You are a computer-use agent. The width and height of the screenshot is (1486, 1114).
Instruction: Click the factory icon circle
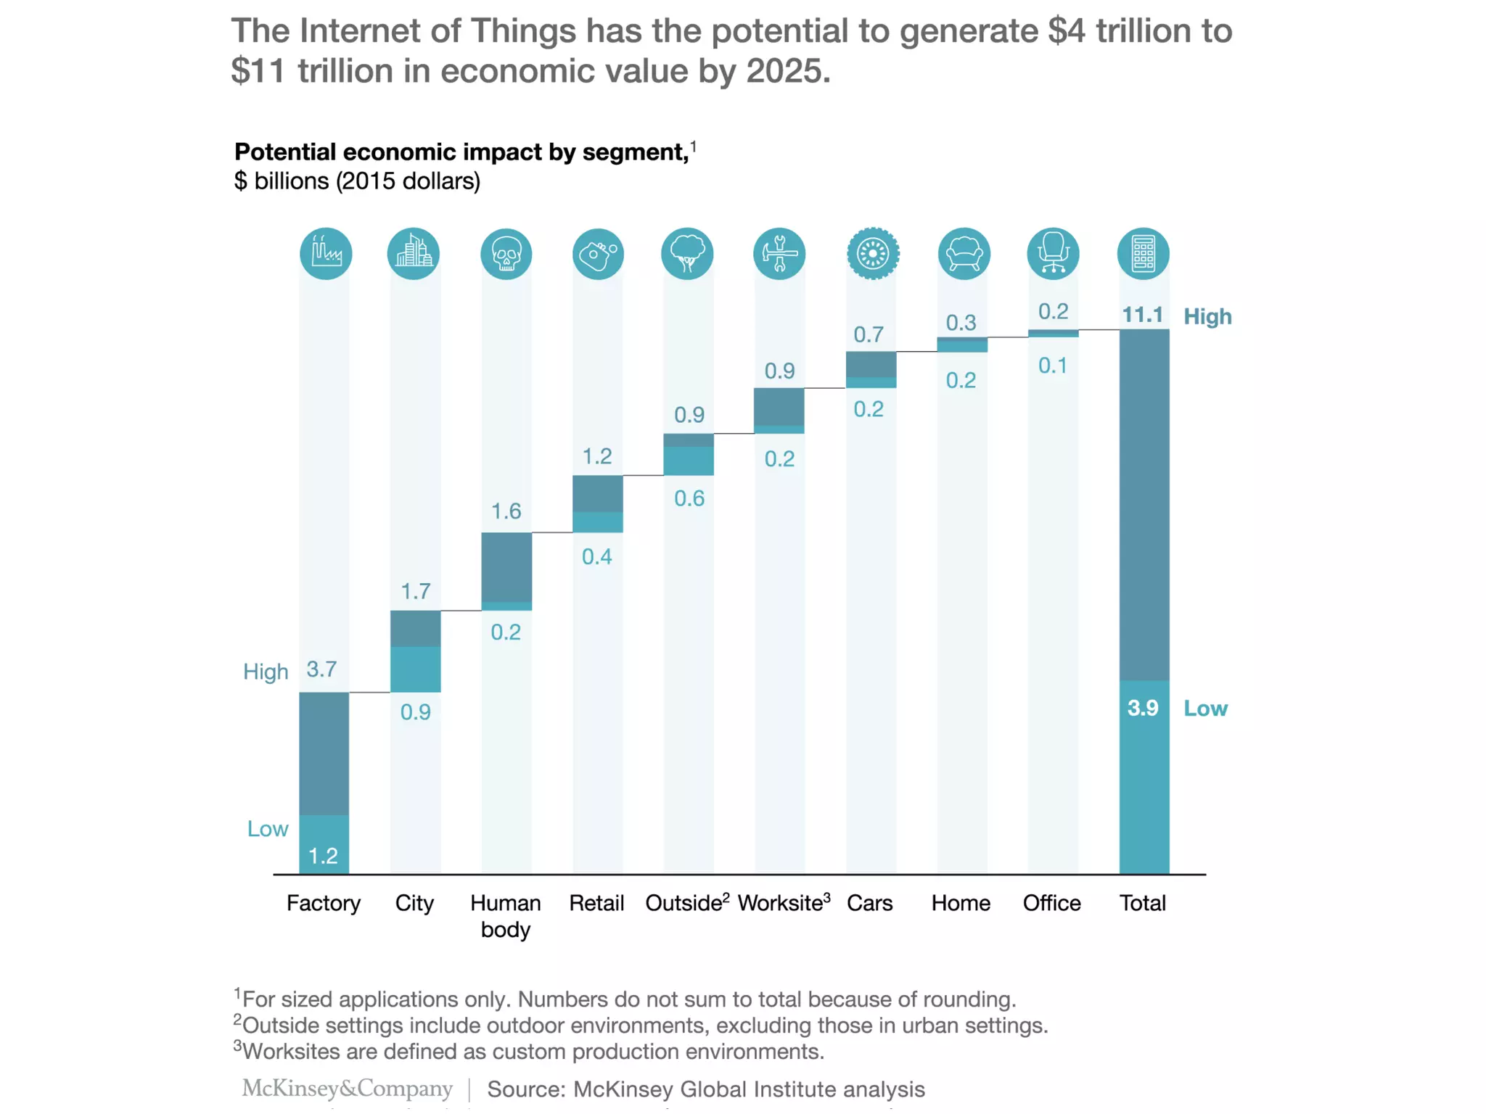point(326,253)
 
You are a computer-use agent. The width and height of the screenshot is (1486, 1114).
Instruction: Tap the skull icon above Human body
point(506,254)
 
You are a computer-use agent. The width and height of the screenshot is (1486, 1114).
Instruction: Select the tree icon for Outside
point(687,254)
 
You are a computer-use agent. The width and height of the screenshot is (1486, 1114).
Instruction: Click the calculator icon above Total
point(1143,254)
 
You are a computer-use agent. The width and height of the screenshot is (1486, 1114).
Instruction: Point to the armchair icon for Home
point(964,254)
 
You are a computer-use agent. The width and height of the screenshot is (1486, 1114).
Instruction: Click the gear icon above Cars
point(873,254)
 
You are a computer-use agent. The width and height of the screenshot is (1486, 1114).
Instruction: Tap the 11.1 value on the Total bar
point(1142,315)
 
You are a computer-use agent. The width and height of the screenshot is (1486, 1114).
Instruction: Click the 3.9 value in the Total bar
point(1142,708)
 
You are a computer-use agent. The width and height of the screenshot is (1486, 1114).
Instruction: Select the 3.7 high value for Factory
point(321,669)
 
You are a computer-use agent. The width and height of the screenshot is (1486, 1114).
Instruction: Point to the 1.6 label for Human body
point(506,511)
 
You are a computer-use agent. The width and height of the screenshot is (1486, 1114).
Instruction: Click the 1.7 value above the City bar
point(416,591)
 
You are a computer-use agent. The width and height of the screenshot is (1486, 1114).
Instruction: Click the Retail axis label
point(596,903)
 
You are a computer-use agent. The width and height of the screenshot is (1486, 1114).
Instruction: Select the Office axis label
point(1051,903)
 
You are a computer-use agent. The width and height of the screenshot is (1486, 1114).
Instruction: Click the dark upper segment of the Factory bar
point(324,753)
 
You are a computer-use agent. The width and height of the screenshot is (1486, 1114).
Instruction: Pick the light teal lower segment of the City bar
point(415,669)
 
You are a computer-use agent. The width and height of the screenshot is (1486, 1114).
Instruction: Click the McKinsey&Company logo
point(347,1088)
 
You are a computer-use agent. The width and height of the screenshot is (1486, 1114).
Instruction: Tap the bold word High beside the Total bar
point(1207,316)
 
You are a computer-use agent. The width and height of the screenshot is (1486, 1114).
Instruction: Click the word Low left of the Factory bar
point(268,828)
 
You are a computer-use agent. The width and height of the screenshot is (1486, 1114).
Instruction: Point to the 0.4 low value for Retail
point(596,556)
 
